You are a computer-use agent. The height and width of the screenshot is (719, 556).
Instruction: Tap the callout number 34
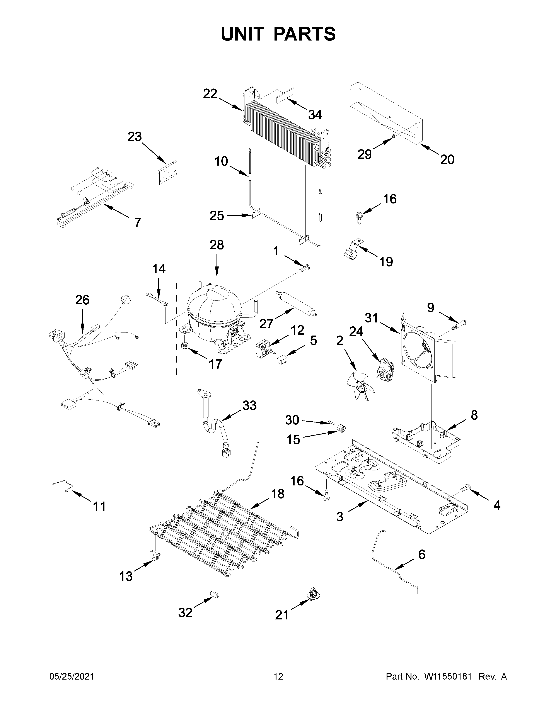tap(315, 115)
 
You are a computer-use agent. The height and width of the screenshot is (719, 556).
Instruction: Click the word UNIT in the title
tap(243, 34)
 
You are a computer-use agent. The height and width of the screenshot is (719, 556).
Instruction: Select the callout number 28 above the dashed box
tap(217, 245)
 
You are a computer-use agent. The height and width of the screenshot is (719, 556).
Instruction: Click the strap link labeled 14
tap(157, 298)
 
